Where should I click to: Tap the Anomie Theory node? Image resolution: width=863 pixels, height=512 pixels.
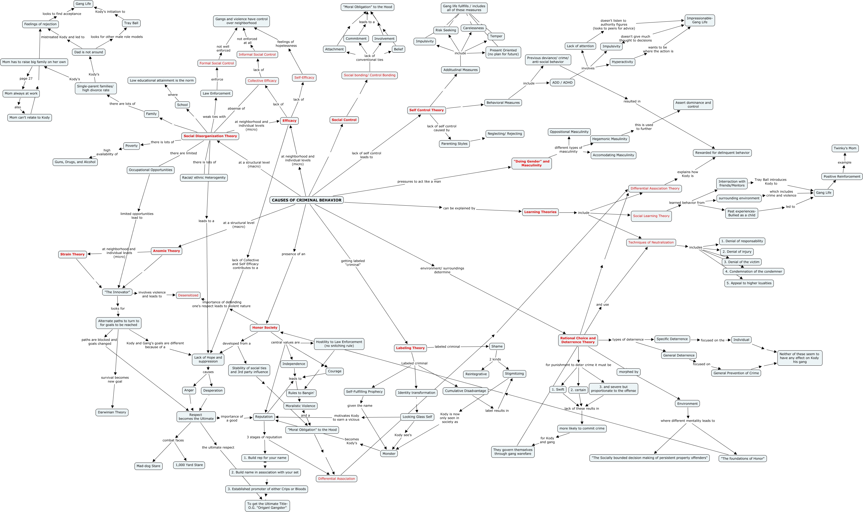pos(166,251)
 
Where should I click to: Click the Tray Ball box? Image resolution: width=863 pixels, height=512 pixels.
pos(131,23)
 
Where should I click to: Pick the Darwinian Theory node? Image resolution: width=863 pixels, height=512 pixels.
pos(112,412)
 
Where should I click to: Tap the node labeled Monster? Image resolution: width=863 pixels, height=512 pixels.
pos(389,454)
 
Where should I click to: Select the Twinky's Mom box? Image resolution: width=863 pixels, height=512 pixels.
pos(845,148)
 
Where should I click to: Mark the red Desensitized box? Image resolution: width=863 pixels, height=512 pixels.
pos(188,295)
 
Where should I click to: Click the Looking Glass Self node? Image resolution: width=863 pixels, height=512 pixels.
pos(417,417)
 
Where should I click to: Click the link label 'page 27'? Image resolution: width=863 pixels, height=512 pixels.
pos(26,79)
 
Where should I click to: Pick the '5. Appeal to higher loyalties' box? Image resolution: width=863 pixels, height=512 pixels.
pos(749,283)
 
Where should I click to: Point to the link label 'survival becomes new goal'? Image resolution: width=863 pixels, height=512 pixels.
pos(115,379)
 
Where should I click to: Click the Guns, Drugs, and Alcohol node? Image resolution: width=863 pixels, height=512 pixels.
pos(75,162)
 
